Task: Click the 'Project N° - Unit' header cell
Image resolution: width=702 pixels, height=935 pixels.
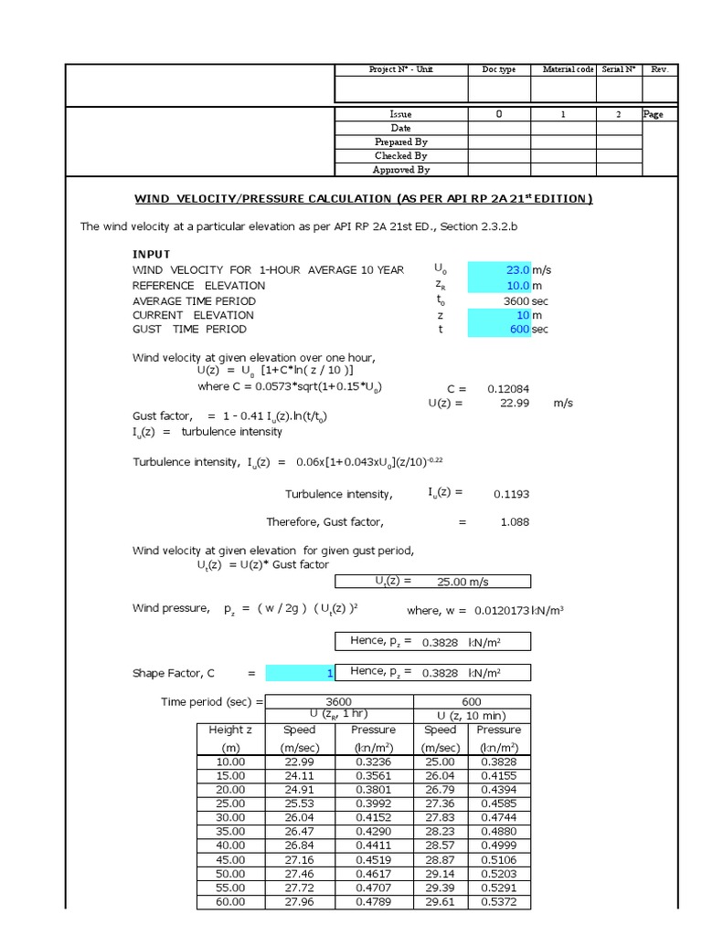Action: click(401, 69)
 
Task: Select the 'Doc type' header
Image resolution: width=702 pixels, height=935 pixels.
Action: click(499, 69)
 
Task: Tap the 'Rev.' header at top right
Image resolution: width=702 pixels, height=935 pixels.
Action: click(660, 69)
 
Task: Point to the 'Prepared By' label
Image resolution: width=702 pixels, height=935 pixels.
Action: click(400, 142)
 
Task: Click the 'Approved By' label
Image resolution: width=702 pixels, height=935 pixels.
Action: click(400, 170)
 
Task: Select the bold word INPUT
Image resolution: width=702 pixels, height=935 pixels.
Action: click(152, 254)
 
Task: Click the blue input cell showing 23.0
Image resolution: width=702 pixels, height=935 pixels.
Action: click(499, 269)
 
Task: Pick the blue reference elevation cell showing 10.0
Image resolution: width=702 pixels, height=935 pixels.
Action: click(499, 285)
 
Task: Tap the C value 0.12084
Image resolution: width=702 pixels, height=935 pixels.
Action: click(507, 388)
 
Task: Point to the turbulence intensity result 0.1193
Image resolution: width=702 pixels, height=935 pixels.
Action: click(511, 494)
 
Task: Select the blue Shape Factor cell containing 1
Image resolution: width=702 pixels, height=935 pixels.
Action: click(301, 673)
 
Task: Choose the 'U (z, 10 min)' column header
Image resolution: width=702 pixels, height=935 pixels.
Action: click(472, 715)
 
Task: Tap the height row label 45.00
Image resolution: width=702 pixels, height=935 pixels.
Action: click(230, 859)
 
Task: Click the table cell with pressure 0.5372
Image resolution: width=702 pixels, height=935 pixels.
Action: click(498, 901)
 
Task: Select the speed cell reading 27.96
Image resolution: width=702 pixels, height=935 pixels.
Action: click(299, 901)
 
